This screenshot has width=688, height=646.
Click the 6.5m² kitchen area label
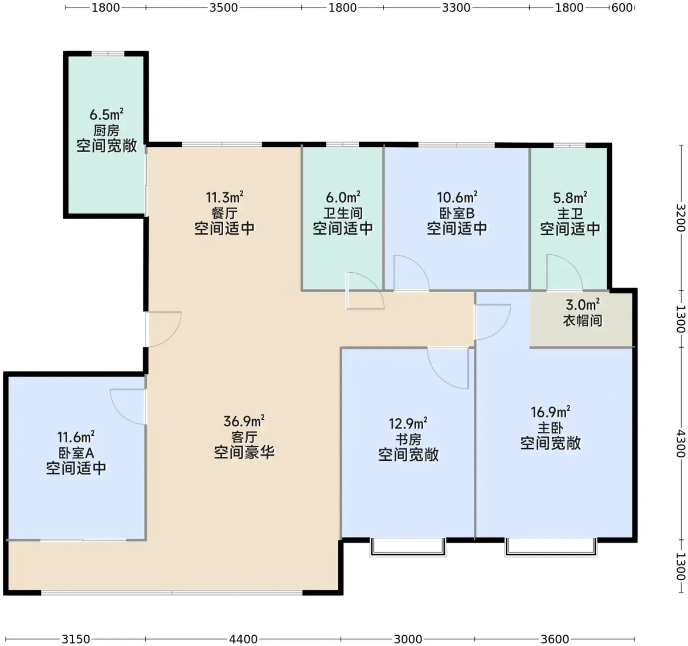click(106, 114)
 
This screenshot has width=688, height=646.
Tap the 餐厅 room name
click(224, 213)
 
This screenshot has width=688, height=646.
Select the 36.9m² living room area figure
click(244, 421)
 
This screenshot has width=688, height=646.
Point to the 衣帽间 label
click(582, 320)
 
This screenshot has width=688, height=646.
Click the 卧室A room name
click(76, 453)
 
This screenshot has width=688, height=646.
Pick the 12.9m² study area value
click(408, 423)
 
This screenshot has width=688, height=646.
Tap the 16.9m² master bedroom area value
click(550, 412)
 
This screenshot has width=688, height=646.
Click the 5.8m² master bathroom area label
click(570, 198)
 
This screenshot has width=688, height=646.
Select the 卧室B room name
click(457, 213)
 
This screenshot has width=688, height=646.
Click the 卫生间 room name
click(343, 213)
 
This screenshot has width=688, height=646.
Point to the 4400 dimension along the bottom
click(243, 639)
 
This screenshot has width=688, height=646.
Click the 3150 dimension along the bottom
click(76, 639)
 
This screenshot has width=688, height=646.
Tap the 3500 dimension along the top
click(224, 8)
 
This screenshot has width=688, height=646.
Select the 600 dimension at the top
click(622, 8)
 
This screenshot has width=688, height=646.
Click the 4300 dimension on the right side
click(681, 444)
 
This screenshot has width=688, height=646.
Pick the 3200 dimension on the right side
click(681, 218)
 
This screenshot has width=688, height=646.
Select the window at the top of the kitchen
click(108, 54)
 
